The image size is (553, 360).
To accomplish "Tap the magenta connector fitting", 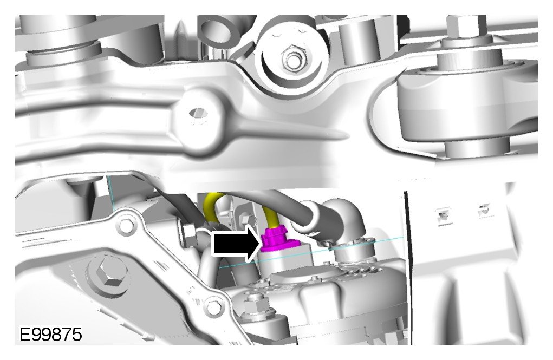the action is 277,240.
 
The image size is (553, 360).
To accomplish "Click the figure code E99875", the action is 51,334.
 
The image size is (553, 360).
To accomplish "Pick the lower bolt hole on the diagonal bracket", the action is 213,307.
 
